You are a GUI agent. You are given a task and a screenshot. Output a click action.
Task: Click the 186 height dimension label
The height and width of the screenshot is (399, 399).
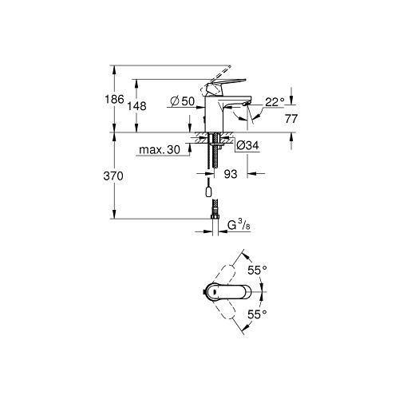(114, 100)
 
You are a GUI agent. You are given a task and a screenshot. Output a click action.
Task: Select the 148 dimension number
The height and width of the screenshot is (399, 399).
(136, 106)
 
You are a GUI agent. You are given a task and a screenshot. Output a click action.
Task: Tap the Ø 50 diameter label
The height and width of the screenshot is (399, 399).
(183, 101)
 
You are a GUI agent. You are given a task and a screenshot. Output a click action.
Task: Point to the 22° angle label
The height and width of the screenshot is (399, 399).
(275, 102)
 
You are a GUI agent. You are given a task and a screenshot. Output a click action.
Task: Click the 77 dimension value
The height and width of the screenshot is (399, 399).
(291, 119)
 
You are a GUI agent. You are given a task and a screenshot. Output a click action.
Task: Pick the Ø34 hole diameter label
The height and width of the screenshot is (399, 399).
(247, 145)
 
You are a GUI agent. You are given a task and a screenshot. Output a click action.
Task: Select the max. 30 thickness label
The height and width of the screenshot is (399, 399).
(160, 150)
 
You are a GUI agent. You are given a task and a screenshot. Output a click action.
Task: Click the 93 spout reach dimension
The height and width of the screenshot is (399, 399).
(231, 174)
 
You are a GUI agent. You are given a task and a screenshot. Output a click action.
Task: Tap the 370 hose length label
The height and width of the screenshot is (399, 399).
(113, 176)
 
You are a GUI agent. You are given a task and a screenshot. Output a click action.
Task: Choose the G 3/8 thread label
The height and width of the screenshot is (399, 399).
(239, 226)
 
